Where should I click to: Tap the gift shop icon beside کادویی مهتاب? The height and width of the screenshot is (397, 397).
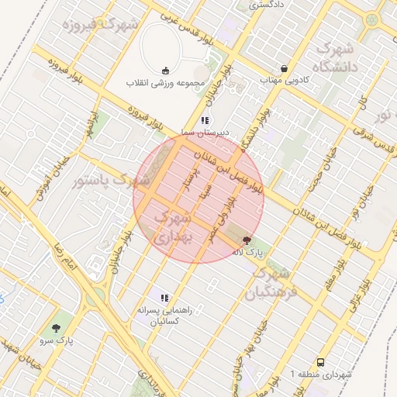point(285,68)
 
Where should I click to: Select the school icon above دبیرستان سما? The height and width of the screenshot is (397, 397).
point(205,120)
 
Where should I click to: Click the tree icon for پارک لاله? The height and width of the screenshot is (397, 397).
point(247,241)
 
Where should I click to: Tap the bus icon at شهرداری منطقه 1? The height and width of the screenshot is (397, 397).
point(320,362)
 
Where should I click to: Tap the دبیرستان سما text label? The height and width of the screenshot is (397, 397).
point(204,133)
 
